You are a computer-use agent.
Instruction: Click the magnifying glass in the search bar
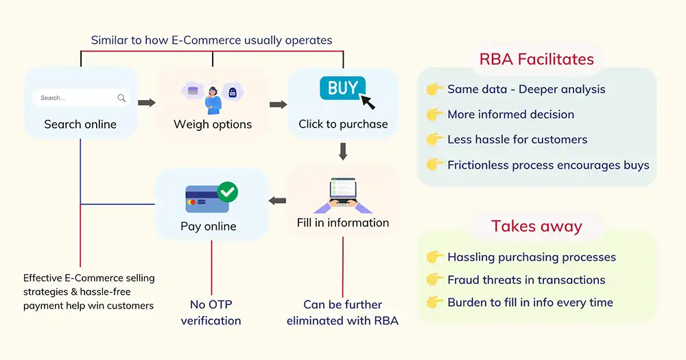(x=121, y=98)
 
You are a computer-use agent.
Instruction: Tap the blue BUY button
(x=342, y=88)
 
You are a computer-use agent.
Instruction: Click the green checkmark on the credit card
(x=227, y=192)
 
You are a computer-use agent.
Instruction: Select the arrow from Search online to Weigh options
(x=146, y=103)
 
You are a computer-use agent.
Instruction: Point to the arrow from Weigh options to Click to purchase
(x=278, y=104)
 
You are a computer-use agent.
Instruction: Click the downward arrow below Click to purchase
(x=343, y=151)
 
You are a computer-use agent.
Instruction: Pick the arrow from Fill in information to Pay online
(x=277, y=201)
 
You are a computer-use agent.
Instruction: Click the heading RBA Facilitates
(x=536, y=60)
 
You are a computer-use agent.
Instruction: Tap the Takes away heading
(x=536, y=226)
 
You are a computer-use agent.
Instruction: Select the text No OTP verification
(x=211, y=313)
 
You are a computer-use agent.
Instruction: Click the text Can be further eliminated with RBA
(x=342, y=313)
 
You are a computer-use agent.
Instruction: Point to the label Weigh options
(x=213, y=124)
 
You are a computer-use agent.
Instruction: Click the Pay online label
(x=209, y=226)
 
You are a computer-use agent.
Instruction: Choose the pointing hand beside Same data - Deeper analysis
(x=434, y=89)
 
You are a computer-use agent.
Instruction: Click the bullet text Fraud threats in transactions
(x=526, y=280)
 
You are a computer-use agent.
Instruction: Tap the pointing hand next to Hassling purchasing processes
(x=434, y=257)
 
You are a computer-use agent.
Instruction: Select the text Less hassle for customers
(x=517, y=139)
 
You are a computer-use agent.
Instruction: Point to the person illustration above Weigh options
(x=213, y=99)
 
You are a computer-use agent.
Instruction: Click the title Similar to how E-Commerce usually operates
(x=211, y=40)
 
